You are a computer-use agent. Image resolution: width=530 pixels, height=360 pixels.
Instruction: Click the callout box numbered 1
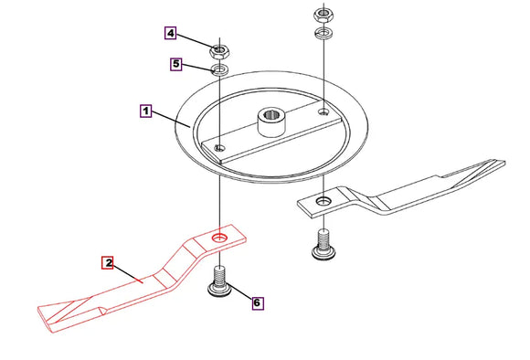145,111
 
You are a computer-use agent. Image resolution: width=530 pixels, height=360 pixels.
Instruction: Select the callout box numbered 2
108,262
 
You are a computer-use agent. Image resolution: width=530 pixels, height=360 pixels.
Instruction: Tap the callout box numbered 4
170,33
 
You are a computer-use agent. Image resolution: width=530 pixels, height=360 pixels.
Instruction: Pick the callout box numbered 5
176,64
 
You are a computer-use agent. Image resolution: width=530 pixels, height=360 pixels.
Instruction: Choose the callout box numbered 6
257,302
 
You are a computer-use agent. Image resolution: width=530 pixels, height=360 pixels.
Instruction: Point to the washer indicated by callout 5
219,69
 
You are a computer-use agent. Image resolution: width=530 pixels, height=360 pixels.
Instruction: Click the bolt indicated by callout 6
219,282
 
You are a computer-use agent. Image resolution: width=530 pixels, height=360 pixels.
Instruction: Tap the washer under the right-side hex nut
324,33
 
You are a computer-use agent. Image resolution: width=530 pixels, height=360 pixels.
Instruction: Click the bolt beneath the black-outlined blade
323,244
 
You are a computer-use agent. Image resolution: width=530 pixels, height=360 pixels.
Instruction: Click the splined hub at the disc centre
273,122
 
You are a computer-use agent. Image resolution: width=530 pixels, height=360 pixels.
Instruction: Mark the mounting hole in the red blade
220,238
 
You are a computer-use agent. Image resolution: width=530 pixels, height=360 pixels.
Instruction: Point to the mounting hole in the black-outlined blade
323,201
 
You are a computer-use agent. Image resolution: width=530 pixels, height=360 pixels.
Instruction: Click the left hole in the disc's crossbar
220,147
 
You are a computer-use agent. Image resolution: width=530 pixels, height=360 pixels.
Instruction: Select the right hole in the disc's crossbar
324,111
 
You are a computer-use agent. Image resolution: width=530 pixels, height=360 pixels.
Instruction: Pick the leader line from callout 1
171,119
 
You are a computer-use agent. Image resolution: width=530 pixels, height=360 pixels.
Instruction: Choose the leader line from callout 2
128,273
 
